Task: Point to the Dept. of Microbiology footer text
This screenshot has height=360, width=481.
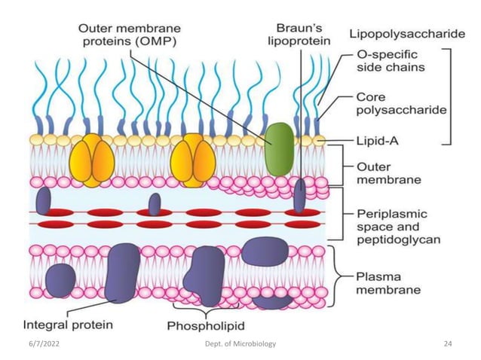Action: click(240, 343)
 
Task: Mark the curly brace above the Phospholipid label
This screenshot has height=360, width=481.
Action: click(205, 310)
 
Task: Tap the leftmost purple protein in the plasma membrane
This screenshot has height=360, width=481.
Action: click(60, 279)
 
